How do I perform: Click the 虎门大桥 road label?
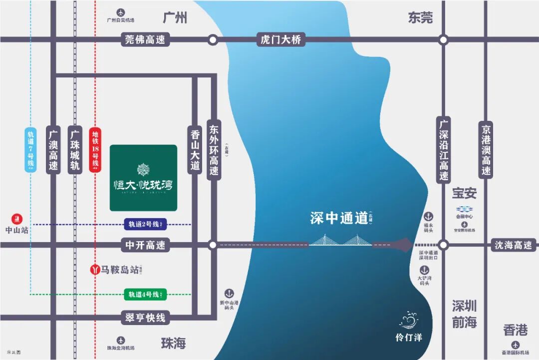point(280,39)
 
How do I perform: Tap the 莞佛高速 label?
point(145,39)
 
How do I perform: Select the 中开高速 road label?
point(145,245)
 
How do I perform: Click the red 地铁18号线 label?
point(95,150)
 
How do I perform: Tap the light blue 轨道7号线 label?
point(30,150)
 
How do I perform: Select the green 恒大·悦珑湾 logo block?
point(143,177)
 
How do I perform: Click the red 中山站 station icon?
point(18,219)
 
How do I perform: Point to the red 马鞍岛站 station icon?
point(94,269)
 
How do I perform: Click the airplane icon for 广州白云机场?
point(120,12)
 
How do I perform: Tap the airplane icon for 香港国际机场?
point(515,345)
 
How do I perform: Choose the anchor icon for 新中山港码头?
point(229,293)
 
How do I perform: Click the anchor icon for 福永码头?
point(428,217)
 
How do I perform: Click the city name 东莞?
point(420,18)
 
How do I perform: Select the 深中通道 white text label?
point(339,218)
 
